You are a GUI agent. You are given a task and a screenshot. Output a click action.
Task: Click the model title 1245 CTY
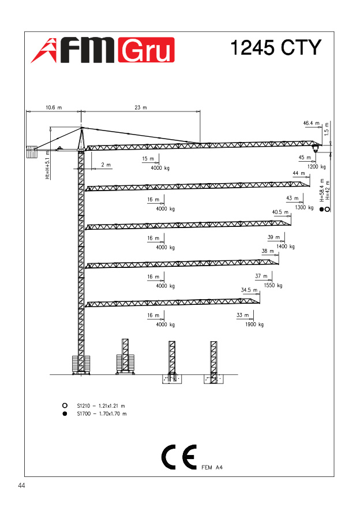click(275, 47)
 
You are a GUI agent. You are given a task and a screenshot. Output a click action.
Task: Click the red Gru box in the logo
click(145, 51)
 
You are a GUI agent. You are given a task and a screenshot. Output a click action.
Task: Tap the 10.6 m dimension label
click(53, 107)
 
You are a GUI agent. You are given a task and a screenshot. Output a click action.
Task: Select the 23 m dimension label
click(141, 107)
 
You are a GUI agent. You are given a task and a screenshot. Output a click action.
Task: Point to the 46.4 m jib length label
click(312, 123)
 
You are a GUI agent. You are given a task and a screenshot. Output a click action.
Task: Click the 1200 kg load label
click(317, 166)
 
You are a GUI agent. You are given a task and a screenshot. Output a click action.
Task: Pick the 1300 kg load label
click(304, 207)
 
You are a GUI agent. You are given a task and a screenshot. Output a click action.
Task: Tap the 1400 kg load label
click(285, 247)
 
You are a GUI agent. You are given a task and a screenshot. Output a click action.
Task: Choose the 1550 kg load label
click(272, 285)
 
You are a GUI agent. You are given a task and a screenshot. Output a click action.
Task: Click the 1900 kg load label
click(254, 325)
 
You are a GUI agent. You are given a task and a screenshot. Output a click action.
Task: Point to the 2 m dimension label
click(106, 165)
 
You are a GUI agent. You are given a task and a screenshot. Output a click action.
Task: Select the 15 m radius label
click(148, 158)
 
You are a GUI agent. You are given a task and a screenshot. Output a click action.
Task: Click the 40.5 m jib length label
click(280, 212)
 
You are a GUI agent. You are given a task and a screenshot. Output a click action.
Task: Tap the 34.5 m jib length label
click(249, 290)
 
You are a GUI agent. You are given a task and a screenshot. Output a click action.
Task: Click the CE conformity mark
click(178, 457)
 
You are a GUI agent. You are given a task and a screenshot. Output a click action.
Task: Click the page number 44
click(22, 486)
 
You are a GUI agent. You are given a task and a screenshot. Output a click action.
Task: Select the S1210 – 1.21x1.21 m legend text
click(101, 405)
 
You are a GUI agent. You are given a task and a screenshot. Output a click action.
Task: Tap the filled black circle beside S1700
click(65, 413)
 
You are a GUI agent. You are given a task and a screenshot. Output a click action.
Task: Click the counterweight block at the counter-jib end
click(31, 153)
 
